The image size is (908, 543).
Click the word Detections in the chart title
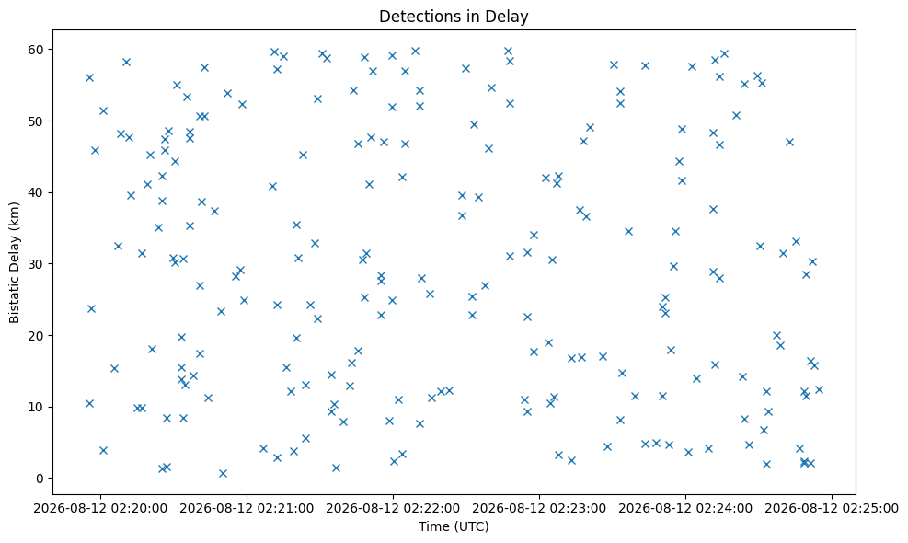415,17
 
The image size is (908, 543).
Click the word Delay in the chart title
511,17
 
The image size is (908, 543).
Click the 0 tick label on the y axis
40,479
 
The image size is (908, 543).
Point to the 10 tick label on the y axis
37,407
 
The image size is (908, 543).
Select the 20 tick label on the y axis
37,336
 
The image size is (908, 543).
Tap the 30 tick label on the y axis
37,264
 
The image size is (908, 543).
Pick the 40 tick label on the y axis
37,192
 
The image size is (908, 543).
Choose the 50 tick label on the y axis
37,121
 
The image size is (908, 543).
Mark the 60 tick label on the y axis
37,50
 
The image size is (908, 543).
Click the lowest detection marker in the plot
223,473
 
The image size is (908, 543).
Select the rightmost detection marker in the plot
819,389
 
